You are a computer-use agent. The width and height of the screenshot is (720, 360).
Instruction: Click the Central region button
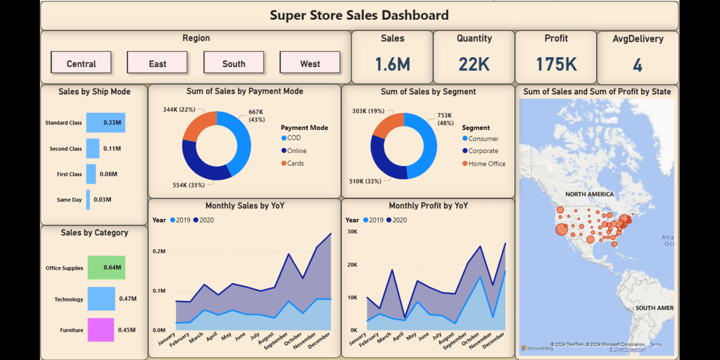click(x=81, y=63)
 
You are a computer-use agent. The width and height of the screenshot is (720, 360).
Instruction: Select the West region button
click(x=310, y=63)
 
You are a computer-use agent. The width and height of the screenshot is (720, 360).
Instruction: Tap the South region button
click(x=233, y=63)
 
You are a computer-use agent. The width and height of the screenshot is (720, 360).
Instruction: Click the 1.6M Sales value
click(x=392, y=64)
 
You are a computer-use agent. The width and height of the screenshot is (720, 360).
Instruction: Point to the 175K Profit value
click(x=556, y=64)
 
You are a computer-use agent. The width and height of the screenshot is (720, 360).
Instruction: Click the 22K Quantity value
click(x=474, y=64)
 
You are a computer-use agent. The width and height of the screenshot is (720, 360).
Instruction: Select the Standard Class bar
click(x=105, y=123)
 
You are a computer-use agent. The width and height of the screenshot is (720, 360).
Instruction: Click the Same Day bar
click(x=88, y=200)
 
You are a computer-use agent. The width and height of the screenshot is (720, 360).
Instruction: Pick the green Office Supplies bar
click(x=106, y=268)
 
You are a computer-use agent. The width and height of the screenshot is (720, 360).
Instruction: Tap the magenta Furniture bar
click(x=101, y=330)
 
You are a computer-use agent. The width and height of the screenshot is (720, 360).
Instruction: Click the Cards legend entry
click(x=295, y=163)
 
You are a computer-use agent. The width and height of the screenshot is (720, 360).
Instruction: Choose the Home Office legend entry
click(x=487, y=164)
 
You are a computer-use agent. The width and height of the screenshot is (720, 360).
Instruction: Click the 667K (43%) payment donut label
click(x=256, y=115)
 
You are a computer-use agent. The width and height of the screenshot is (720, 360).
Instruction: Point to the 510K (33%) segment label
click(x=365, y=181)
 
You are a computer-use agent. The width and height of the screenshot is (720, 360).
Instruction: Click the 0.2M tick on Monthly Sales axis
click(x=159, y=251)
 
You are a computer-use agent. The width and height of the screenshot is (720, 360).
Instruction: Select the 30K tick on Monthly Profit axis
click(x=352, y=231)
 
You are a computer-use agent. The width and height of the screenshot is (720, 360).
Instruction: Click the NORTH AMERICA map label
click(x=589, y=194)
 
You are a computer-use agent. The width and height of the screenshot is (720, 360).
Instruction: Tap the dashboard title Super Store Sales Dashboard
click(x=359, y=15)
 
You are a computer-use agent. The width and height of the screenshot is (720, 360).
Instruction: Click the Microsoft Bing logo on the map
click(x=537, y=348)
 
